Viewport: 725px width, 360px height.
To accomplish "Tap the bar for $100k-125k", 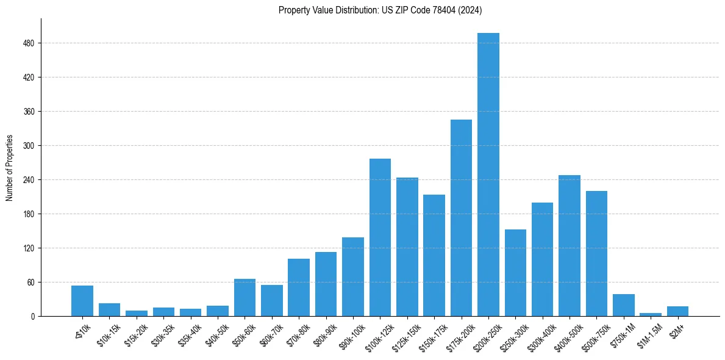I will [380, 237].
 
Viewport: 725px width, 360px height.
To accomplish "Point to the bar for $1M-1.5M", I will [651, 314].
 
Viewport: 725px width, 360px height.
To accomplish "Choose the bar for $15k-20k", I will [137, 313].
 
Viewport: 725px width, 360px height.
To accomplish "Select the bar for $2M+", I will [677, 311].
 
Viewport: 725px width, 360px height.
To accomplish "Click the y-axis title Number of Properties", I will [9, 168].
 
